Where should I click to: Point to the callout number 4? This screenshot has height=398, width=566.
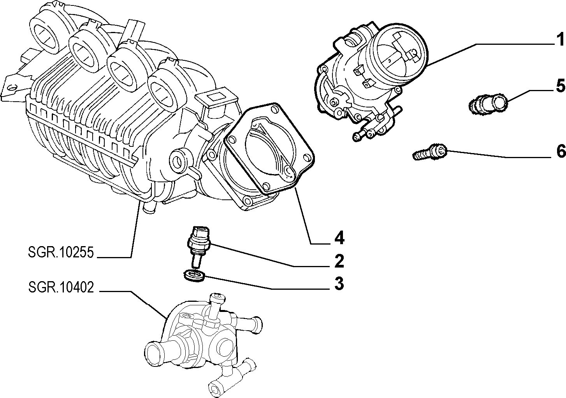coord(339,238)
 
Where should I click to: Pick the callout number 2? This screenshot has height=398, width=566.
coord(339,261)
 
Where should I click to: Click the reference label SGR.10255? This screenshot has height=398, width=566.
coord(61,252)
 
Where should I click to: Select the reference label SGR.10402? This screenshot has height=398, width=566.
coord(61,287)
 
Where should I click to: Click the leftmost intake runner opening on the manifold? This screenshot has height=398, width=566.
coord(45,36)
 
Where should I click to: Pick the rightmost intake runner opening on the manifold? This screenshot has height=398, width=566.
coord(165,90)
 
